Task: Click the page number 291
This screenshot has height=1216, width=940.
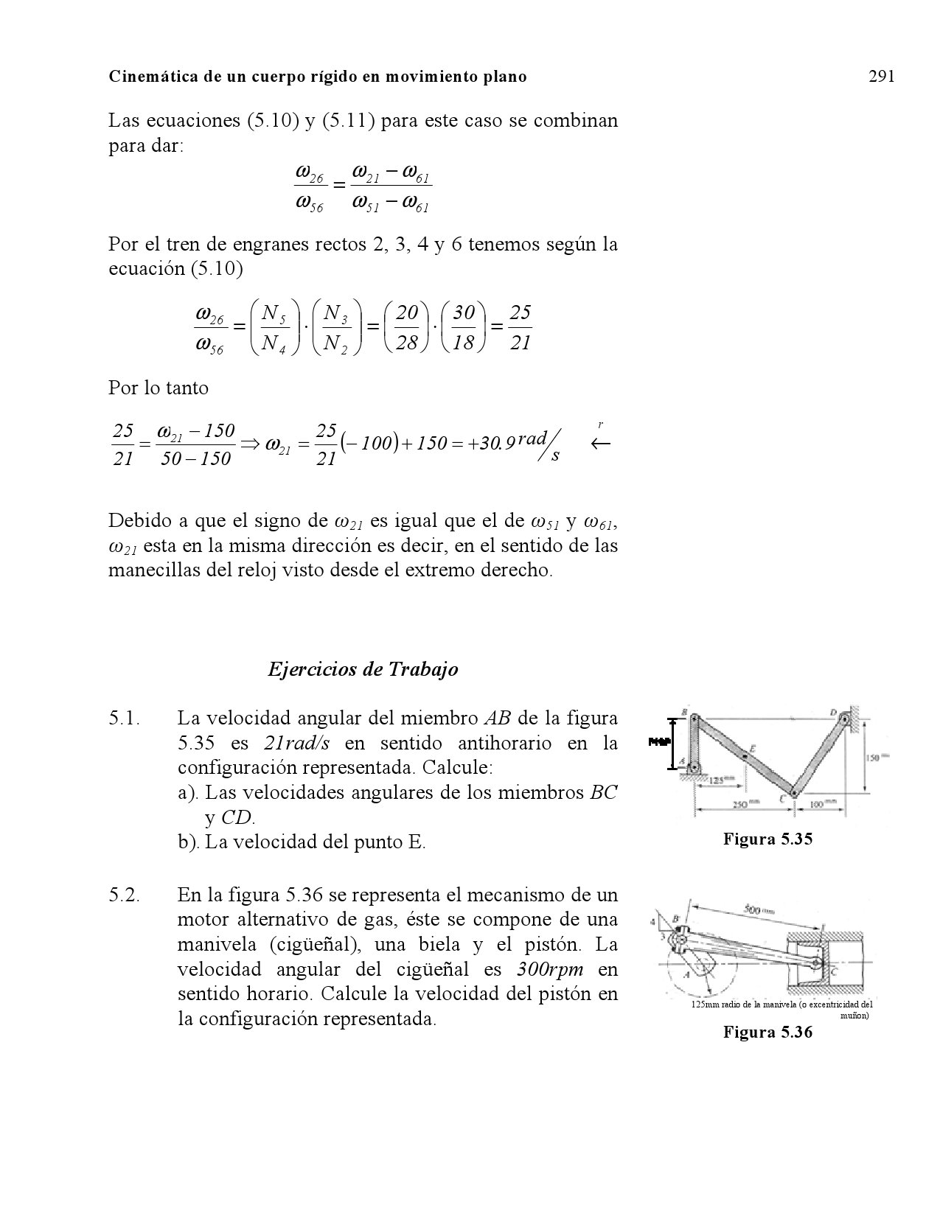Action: tap(881, 76)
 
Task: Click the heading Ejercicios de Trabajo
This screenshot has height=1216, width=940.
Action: tap(363, 668)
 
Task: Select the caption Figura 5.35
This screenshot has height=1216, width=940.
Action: tap(767, 838)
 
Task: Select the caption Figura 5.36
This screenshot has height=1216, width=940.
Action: tap(767, 1032)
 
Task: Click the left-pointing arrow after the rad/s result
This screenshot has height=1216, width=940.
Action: tap(601, 443)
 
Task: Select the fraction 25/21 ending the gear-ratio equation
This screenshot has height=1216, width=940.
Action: tap(520, 326)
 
